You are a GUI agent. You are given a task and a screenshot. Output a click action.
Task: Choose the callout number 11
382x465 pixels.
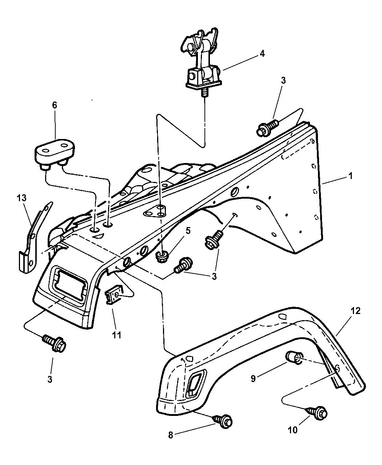pyautogui.click(x=116, y=335)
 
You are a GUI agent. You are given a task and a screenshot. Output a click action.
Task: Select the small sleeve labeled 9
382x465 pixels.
pyautogui.click(x=293, y=357)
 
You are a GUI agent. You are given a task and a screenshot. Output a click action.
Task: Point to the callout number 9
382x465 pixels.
pyautogui.click(x=253, y=378)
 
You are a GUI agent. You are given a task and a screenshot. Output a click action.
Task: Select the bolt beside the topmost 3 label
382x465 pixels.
pyautogui.click(x=267, y=128)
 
